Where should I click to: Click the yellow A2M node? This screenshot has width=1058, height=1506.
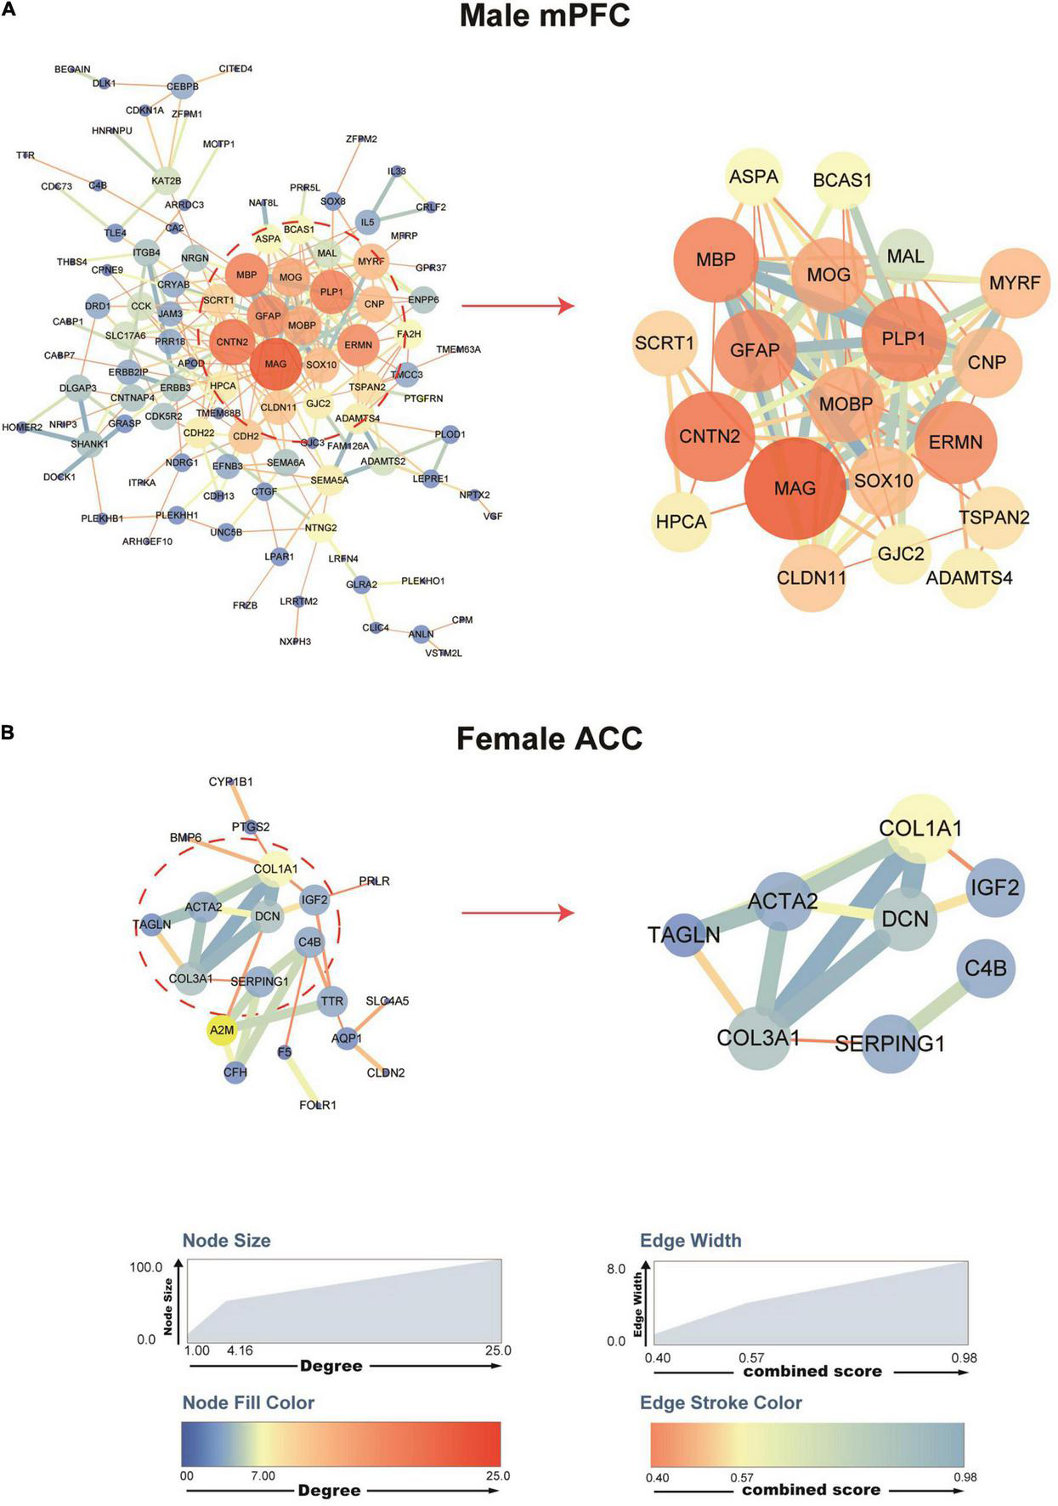221,1030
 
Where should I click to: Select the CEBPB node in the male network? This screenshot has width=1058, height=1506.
182,87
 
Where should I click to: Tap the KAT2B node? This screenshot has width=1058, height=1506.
167,180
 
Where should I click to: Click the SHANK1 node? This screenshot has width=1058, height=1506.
89,444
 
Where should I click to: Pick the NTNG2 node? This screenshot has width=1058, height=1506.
320,528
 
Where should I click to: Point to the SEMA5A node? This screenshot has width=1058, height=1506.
329,480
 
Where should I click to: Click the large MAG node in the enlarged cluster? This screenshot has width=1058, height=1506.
795,489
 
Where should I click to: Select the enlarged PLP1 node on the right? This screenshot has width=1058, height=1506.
903,338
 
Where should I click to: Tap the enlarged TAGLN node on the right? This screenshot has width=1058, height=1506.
684,935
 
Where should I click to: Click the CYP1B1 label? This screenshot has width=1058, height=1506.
230,782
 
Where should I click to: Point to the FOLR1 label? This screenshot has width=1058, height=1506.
318,1105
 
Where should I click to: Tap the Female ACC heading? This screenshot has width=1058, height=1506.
549,738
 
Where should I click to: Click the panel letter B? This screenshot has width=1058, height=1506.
8,732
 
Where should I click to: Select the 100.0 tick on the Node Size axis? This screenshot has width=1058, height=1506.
146,1267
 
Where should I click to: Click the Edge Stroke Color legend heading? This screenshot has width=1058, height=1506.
721,1402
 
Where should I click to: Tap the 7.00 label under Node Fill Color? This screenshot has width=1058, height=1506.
263,1476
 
